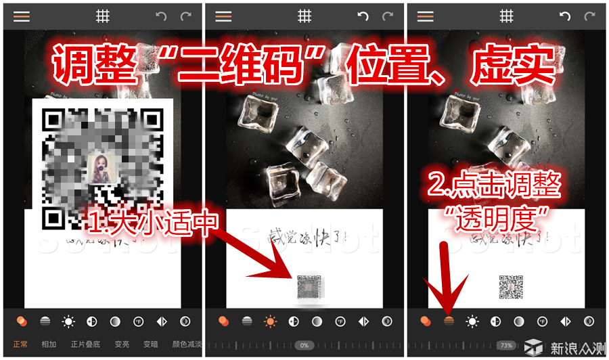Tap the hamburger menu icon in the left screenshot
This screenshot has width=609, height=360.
[x=22, y=17]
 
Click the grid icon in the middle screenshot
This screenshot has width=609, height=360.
[x=304, y=17]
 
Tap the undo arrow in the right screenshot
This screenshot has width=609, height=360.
[x=565, y=17]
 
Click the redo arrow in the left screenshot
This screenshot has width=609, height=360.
[x=185, y=17]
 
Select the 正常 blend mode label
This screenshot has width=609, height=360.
[x=20, y=344]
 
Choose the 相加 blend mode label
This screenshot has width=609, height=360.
[x=49, y=344]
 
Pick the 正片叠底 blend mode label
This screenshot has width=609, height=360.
[x=85, y=344]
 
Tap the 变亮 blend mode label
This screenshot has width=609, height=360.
[x=122, y=344]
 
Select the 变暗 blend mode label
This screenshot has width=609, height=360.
[x=150, y=344]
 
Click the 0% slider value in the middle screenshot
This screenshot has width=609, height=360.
[x=304, y=345]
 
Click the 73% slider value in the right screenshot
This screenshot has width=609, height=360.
[x=505, y=345]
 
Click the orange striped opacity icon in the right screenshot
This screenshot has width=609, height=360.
[x=448, y=321]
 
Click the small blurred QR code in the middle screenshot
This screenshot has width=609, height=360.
[x=309, y=287]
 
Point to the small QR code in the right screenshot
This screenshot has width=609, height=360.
[x=511, y=287]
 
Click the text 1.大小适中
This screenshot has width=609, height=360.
[x=152, y=221]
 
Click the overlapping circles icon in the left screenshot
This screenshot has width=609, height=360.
[x=22, y=321]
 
